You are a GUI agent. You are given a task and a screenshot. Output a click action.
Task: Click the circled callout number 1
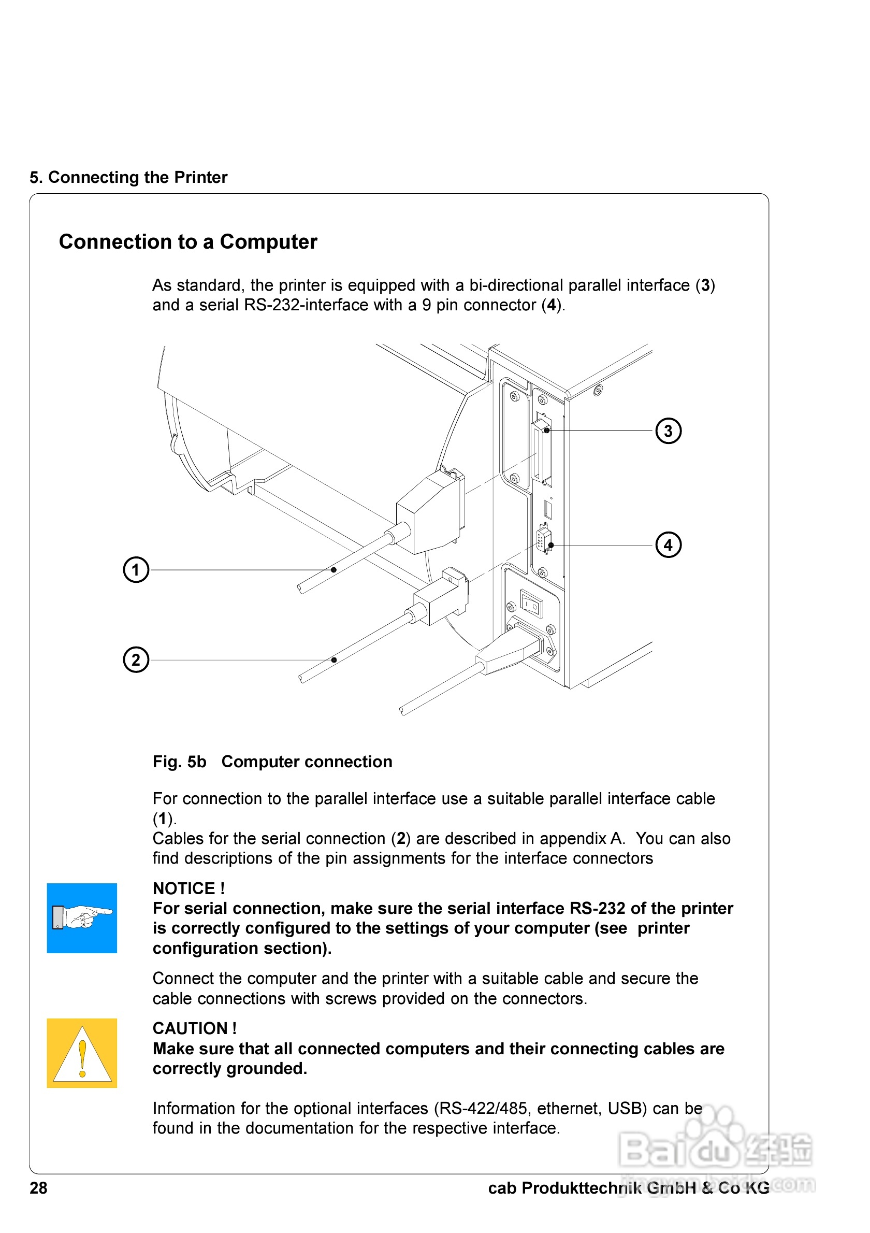click(136, 570)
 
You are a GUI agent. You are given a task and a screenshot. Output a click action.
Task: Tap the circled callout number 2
click(136, 660)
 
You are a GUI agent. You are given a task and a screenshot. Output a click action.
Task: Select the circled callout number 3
click(668, 431)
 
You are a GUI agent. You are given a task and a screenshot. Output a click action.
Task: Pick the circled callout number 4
click(668, 545)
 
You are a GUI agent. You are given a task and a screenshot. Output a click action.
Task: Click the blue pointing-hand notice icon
click(82, 918)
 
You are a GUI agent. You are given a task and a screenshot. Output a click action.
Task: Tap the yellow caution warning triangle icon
click(82, 1053)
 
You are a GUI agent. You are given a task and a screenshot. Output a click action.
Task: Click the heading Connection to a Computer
click(188, 241)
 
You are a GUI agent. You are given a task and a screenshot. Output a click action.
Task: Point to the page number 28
click(38, 1188)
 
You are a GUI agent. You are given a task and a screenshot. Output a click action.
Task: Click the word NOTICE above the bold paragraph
click(183, 888)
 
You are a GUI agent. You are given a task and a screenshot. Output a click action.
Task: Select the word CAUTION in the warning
click(190, 1028)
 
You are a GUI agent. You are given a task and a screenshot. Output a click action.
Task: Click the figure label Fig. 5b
click(179, 762)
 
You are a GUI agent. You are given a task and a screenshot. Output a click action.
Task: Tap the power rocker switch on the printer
click(531, 605)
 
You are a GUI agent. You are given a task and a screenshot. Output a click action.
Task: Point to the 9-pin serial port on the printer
click(544, 540)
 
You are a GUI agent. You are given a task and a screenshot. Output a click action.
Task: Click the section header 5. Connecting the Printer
click(128, 177)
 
